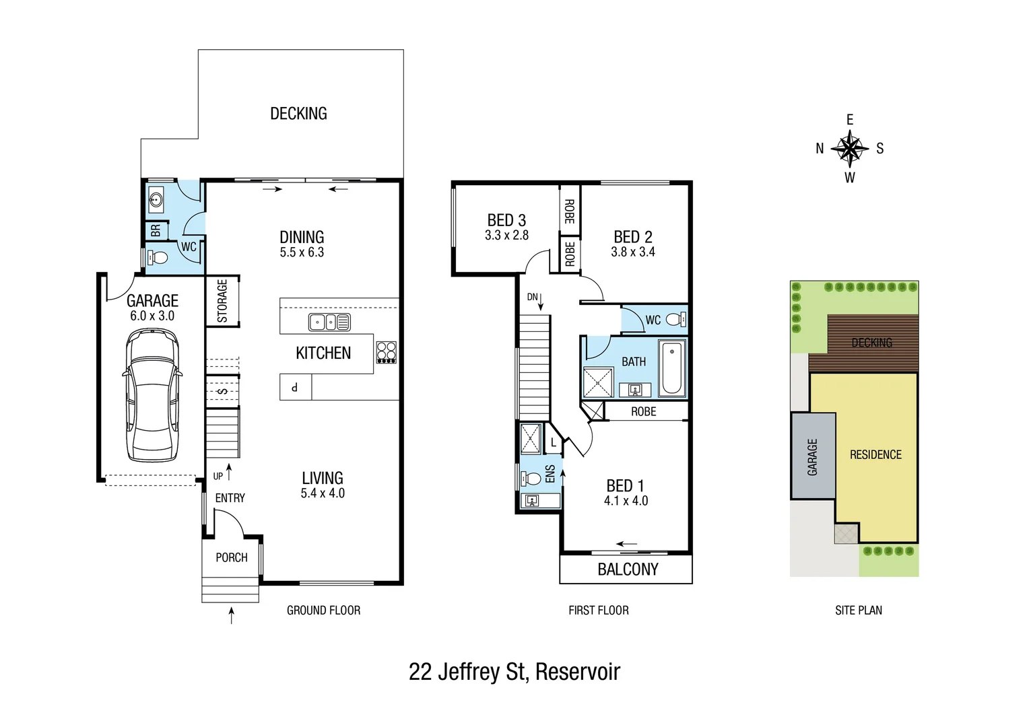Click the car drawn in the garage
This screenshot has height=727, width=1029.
152,395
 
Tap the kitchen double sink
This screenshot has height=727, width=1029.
329,322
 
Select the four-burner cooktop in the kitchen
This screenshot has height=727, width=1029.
387,353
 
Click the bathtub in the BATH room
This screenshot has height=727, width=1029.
671,368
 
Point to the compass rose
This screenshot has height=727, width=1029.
850,149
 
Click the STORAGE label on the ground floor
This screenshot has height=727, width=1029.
222,301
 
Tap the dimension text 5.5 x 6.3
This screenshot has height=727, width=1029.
302,252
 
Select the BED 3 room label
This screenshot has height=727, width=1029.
506,220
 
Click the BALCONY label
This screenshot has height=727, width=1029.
628,569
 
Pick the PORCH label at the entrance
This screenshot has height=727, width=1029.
232,557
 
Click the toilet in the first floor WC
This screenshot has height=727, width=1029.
675,320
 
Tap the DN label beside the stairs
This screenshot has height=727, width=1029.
532,297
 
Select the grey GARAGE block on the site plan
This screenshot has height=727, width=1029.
813,456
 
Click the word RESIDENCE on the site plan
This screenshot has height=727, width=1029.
875,455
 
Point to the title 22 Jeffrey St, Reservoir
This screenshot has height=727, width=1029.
514,672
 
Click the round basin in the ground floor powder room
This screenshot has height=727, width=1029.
157,199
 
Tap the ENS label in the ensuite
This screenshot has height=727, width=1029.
550,474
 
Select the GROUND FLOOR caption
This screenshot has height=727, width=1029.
323,611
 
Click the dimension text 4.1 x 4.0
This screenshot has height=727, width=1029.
626,501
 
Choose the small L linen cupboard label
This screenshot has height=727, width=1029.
553,442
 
